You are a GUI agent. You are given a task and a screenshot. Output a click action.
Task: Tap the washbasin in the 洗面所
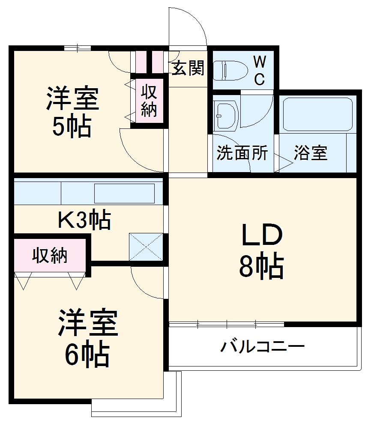click(226, 115)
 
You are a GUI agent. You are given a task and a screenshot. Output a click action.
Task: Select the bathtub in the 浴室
click(317, 114)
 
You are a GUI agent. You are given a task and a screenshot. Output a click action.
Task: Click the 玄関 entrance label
click(188, 69)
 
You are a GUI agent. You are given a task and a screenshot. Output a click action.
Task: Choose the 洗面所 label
click(242, 153)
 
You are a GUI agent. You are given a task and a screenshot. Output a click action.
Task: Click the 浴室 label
click(311, 153)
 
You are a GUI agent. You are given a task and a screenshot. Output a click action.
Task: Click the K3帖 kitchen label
click(84, 220)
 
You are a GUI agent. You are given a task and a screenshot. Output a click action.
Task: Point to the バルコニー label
click(262, 346)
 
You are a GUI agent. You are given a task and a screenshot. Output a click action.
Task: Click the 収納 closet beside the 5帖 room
click(149, 101)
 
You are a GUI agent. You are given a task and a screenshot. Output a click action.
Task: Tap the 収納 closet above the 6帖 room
click(50, 256)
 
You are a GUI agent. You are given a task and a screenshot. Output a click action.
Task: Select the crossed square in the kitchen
click(146, 247)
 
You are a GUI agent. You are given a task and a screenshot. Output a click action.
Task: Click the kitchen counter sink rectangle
click(124, 194)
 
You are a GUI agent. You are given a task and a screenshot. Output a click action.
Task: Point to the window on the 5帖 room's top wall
click(78, 48)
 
